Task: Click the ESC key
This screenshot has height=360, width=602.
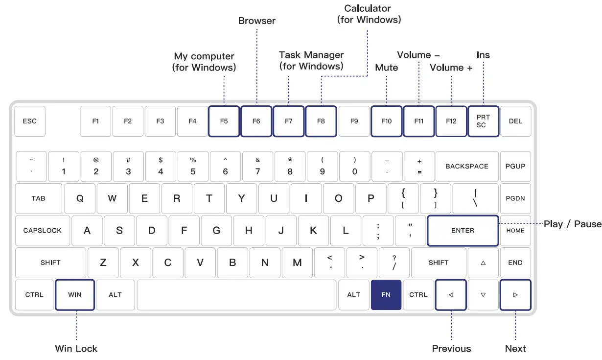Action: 30,121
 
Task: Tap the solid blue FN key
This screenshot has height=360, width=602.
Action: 386,295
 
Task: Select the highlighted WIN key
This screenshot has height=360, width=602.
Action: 75,295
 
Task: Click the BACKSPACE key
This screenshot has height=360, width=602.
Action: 467,167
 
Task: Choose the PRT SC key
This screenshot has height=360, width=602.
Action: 483,121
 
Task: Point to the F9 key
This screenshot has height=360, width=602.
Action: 354,121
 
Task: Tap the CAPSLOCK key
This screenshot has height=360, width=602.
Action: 43,231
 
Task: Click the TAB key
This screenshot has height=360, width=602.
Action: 39,198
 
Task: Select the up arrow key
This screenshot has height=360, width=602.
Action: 483,263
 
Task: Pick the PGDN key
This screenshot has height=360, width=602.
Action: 515,198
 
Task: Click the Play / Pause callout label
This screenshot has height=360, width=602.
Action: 572,224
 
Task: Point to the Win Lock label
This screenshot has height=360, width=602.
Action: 76,349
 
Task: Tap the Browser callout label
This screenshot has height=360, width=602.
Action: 257,21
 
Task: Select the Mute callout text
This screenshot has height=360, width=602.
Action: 387,68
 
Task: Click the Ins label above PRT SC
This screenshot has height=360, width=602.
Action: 483,55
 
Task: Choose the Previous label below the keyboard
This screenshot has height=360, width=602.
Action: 451,349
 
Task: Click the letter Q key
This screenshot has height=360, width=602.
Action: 80,198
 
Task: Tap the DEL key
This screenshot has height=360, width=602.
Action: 515,121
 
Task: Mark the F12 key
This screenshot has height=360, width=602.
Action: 451,121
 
